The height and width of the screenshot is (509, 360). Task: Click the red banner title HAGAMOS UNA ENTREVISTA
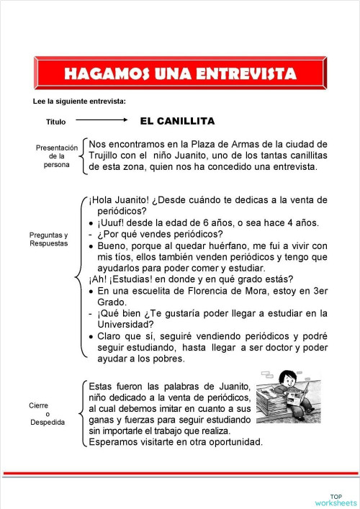tap(180, 74)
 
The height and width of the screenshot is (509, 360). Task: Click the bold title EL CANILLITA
tap(177, 121)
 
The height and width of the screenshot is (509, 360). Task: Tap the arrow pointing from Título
tap(102, 121)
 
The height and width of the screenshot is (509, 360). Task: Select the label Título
tap(55, 122)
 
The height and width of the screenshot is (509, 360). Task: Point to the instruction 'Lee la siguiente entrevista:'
tap(79, 100)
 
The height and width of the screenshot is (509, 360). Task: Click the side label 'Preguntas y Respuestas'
tap(48, 239)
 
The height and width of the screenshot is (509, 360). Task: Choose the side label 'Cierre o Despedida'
tap(48, 413)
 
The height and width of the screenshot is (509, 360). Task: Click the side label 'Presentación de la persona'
tap(56, 156)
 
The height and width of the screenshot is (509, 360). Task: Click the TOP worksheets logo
tap(336, 499)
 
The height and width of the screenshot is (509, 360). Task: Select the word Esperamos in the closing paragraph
tap(115, 442)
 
